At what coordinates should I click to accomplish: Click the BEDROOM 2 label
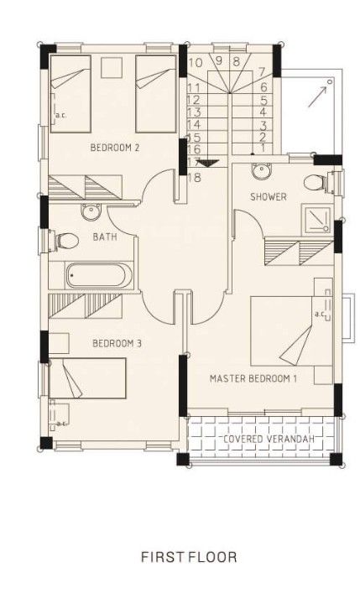pos(114,148)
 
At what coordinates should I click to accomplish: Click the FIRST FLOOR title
pos(189,556)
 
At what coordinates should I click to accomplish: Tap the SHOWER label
pos(269,197)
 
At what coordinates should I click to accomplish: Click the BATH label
pos(105,237)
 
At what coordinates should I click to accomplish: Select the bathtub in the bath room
pos(99,276)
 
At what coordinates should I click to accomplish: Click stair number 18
pos(195,177)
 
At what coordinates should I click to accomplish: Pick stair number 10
pos(195,61)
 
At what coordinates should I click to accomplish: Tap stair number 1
pos(263,148)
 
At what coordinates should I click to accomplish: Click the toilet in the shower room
pos(316,183)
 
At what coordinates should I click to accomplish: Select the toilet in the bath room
pos(64,241)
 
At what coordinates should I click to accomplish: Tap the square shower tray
pos(317,218)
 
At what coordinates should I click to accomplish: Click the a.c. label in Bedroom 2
pos(60,115)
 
